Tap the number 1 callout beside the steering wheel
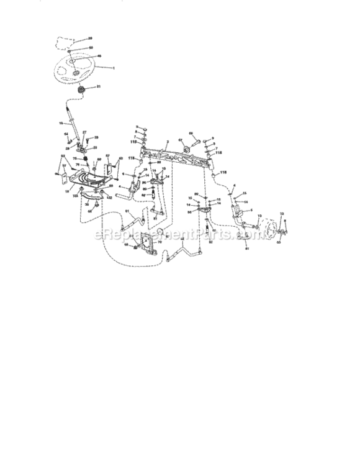coord(114,67)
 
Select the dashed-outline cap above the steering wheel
coord(63,42)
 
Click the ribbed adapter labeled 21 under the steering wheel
coord(80,92)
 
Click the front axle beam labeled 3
coord(174,155)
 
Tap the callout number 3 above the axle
coord(168,142)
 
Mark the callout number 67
coord(181,140)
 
